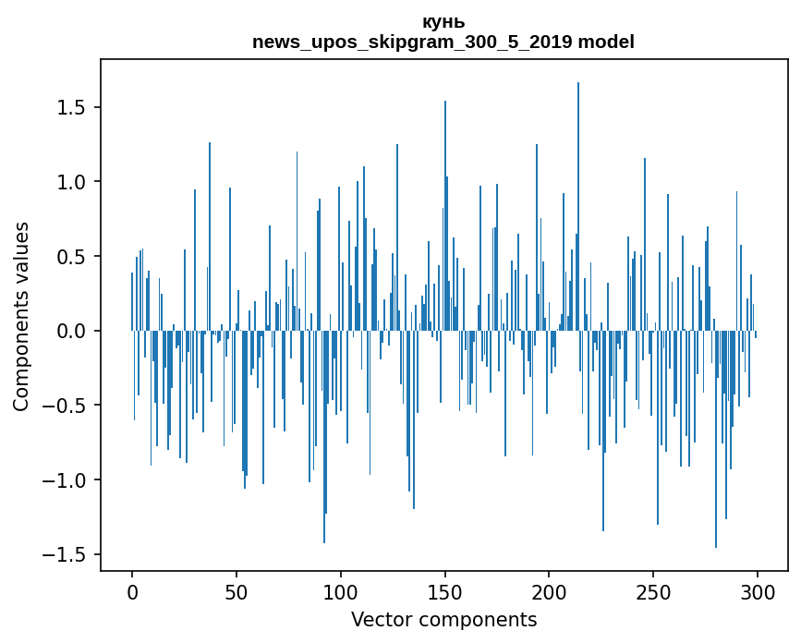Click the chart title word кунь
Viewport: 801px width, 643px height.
443,22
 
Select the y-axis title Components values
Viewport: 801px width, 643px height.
21,316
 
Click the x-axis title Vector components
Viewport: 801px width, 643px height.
443,620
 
